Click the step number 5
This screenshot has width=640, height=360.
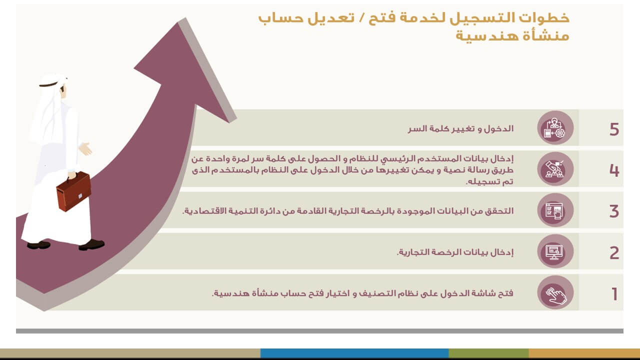[614, 129]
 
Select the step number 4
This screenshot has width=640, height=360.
[614, 170]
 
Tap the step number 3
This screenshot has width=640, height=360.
[614, 211]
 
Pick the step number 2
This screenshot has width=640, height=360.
[614, 253]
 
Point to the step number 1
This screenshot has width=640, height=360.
[614, 294]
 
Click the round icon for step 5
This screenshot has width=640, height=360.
[555, 127]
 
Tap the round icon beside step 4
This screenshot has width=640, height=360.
[555, 169]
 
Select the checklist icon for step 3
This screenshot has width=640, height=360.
[555, 210]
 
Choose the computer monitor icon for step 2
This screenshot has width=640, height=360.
[555, 251]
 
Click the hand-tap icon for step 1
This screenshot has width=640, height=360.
[555, 292]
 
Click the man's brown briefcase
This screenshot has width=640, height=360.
[73, 191]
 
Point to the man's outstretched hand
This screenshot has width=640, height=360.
[85, 148]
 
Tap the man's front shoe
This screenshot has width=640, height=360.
[92, 244]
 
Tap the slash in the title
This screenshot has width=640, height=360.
[361, 17]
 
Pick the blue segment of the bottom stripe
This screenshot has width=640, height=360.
[354, 353]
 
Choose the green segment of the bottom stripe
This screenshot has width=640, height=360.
[488, 353]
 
